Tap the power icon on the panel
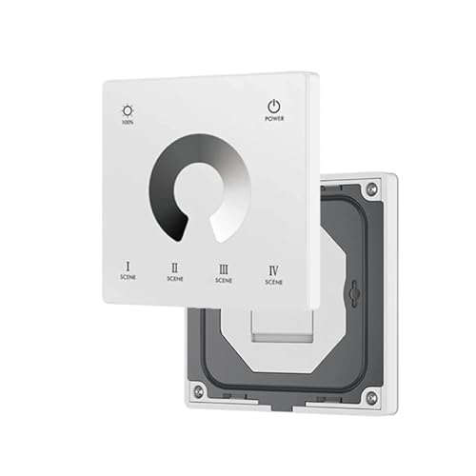[273, 106]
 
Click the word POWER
[273, 120]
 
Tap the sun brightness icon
[128, 109]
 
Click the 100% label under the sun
[128, 123]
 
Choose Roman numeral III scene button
[223, 269]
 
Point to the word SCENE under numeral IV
[273, 283]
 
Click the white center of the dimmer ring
[200, 187]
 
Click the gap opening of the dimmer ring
[202, 228]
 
